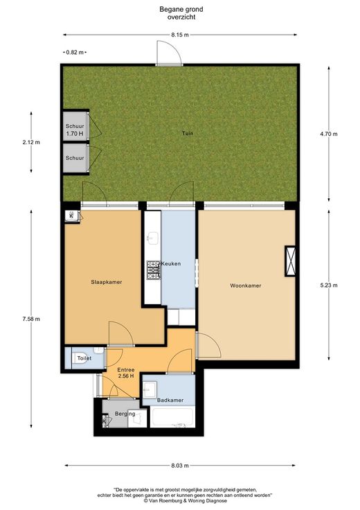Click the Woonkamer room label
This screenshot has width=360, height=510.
[x=245, y=285]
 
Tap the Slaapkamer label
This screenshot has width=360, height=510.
[x=106, y=282]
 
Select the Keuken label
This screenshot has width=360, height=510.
[x=171, y=263]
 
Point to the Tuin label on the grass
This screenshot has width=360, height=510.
[x=188, y=133]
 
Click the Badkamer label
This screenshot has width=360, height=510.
[x=170, y=400]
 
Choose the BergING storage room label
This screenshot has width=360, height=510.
[x=125, y=414]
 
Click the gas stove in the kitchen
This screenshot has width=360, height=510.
[x=154, y=270]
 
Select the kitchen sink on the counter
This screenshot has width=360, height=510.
[x=152, y=238]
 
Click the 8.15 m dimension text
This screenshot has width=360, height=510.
[x=180, y=35]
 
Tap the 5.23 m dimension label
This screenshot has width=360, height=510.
[x=329, y=285]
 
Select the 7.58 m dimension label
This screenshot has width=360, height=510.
[x=31, y=319]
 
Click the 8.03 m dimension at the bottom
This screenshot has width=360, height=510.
[x=180, y=466]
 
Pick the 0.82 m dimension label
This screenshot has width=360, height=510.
[x=75, y=52]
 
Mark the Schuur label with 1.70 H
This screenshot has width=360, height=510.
[x=75, y=130]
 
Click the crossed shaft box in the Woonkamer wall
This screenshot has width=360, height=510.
[x=290, y=261]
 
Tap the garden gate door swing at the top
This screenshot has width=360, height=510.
[x=169, y=53]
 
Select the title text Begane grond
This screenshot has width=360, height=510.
[x=181, y=10]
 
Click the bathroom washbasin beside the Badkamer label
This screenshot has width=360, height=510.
[x=150, y=389]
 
